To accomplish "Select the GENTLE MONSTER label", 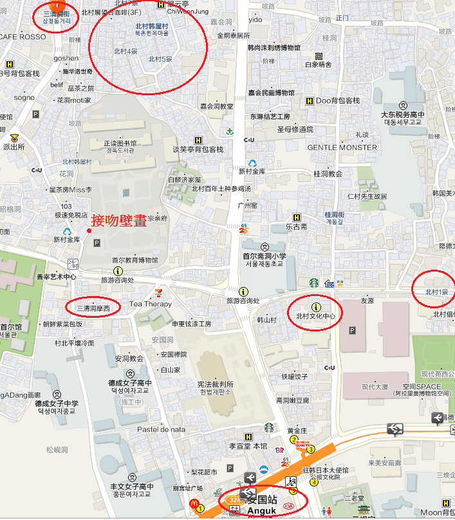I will click(x=342, y=147).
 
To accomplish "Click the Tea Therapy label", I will click(x=151, y=304).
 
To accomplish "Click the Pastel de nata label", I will click(x=160, y=429).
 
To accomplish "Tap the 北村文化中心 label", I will click(x=315, y=317).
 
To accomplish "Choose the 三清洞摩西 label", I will click(x=94, y=309).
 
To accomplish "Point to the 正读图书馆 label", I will click(x=120, y=144).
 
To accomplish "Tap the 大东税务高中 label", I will click(x=402, y=115).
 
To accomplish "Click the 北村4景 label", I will click(x=125, y=50).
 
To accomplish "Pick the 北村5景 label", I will click(x=160, y=59).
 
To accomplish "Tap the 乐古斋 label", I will click(x=297, y=227).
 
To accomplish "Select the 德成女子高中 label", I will click(x=130, y=383).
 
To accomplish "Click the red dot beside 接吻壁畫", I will click(x=89, y=230).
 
